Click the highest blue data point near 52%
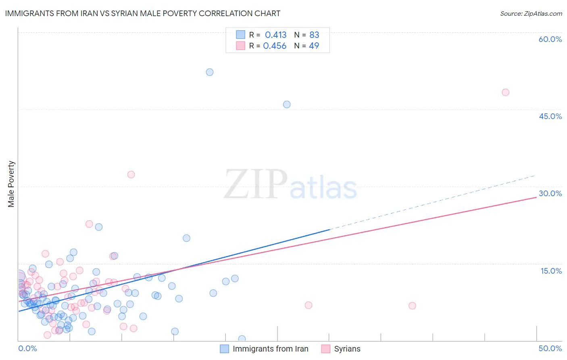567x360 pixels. coord(210,72)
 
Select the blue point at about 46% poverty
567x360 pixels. coord(287,105)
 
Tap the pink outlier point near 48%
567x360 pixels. coord(505,92)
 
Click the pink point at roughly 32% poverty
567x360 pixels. coord(131,175)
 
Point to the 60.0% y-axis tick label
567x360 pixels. coord(550,39)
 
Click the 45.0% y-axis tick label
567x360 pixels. coord(550,116)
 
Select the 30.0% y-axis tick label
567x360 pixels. coord(550,193)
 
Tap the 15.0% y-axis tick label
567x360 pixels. coord(551,271)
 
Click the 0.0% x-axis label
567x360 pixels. coord(27,348)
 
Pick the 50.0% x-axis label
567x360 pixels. coord(550,348)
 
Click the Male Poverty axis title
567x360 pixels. coord(11,184)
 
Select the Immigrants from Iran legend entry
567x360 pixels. coord(270,349)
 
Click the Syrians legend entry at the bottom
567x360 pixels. coord(347,349)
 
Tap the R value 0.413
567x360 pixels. coord(275,35)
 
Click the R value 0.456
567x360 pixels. coord(275,46)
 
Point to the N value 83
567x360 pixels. coord(314,35)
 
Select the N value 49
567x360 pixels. coord(314,46)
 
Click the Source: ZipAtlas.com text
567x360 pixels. coord(531,14)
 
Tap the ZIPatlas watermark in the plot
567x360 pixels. coord(290,185)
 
